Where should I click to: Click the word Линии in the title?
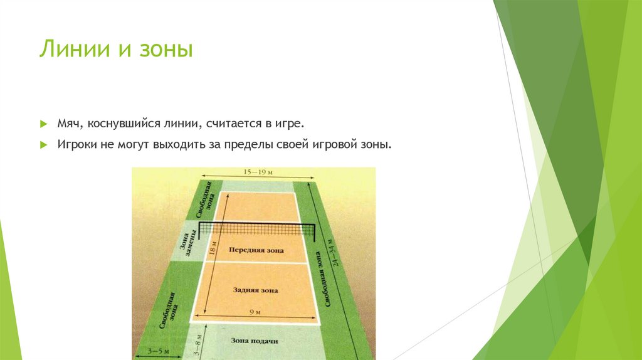[x=69, y=49]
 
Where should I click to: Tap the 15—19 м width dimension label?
[x=256, y=171]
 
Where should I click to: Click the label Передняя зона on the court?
[x=256, y=250]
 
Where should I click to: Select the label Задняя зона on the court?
[x=255, y=290]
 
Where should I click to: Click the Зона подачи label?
[x=254, y=341]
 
